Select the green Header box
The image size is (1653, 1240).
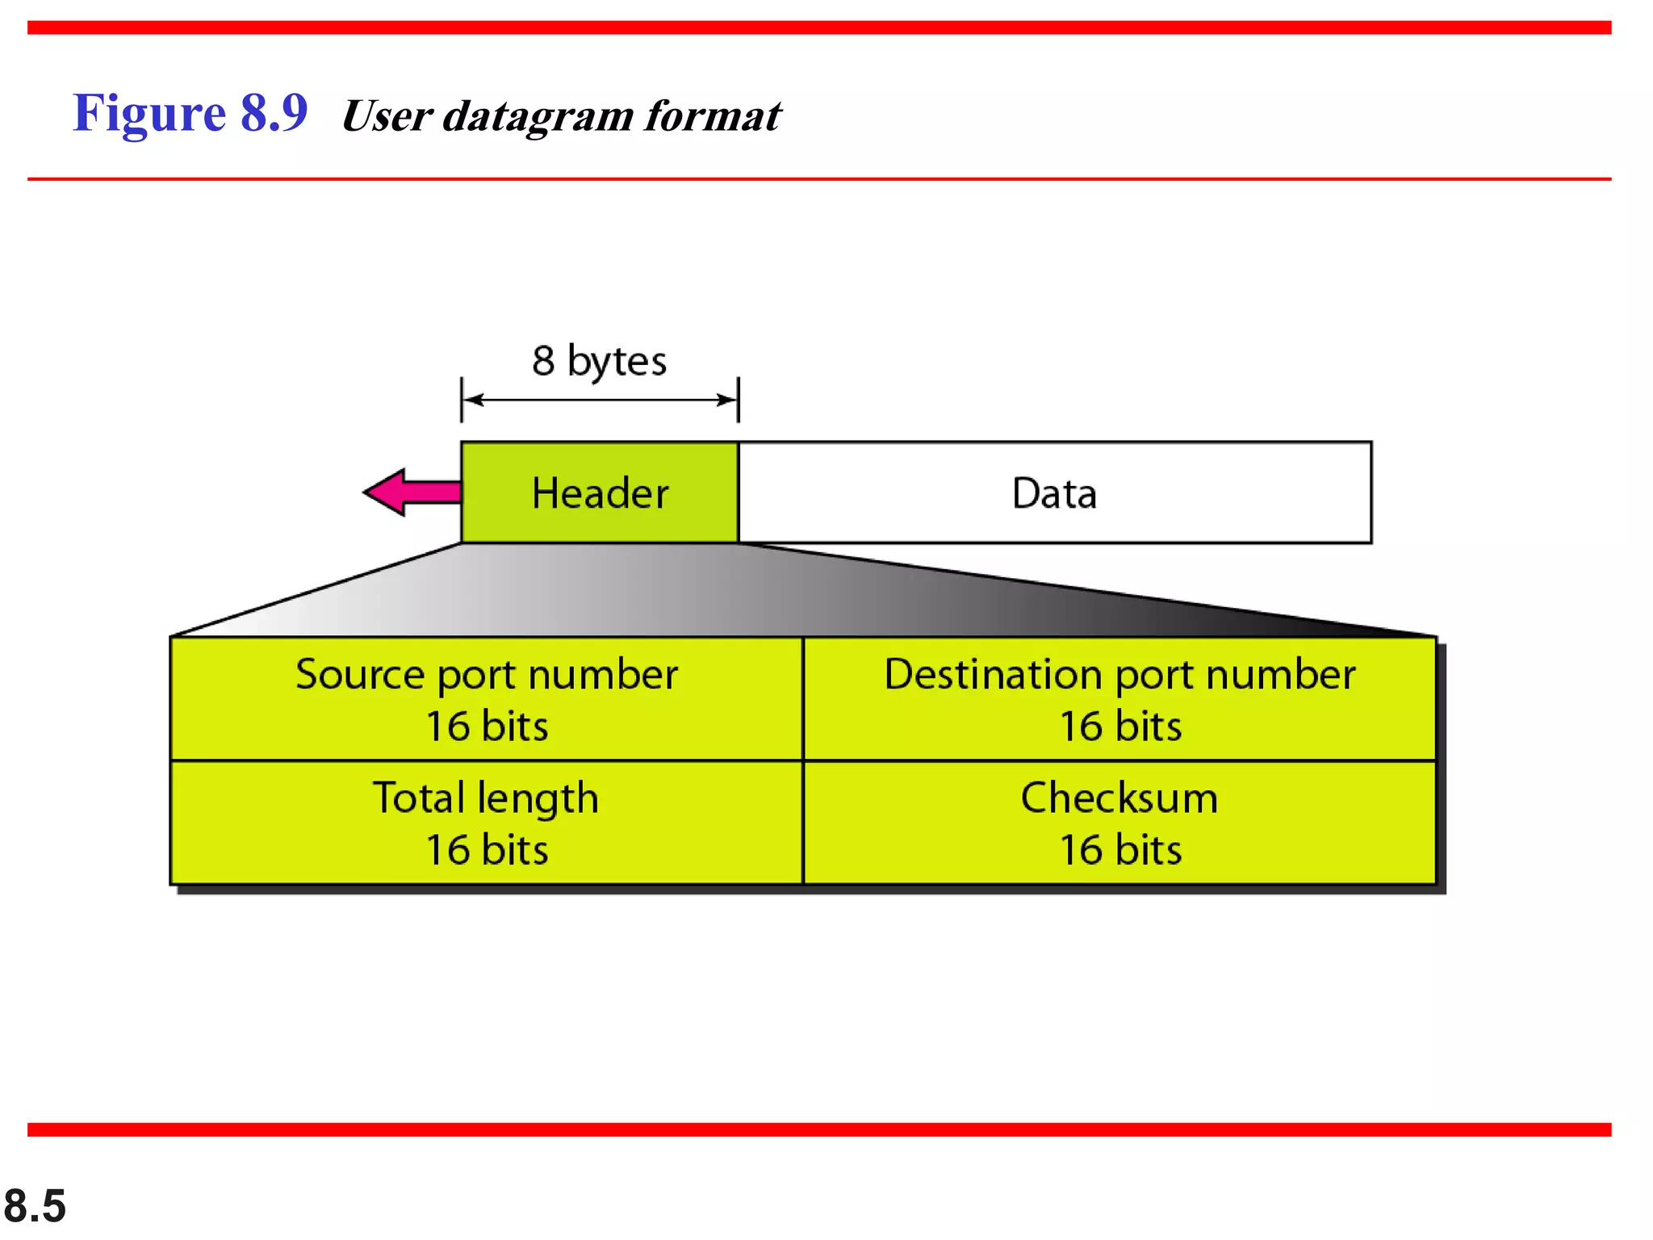(600, 492)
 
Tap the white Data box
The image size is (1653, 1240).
(1054, 492)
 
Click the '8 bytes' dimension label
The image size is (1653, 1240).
(599, 361)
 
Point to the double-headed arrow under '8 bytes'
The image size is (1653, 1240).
(599, 400)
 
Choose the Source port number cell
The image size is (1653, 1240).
(487, 698)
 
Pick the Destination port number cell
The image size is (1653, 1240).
(1119, 698)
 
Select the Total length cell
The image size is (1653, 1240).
(487, 823)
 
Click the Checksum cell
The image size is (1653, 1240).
(1119, 823)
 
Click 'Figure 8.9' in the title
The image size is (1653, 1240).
(190, 113)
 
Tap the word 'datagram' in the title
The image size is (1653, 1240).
(538, 116)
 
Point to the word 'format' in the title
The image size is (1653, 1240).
(713, 115)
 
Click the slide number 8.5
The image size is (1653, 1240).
(35, 1206)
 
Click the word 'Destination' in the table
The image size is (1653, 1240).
(993, 674)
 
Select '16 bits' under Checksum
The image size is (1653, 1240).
(1119, 850)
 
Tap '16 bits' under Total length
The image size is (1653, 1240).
(487, 850)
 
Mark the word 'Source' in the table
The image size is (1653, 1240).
(359, 674)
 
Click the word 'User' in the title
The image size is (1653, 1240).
(387, 115)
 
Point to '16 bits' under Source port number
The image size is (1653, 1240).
(487, 726)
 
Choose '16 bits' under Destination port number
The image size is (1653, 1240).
(1119, 726)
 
